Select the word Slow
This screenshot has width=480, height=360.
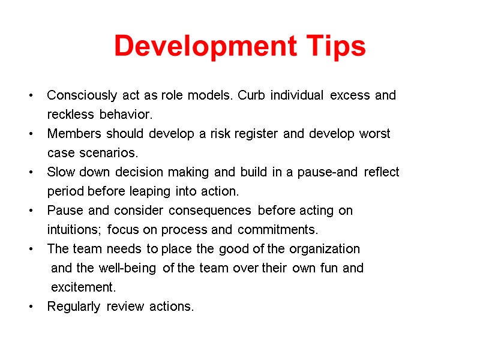click(59, 172)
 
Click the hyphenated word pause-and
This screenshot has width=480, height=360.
click(327, 172)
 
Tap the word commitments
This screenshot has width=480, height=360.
click(278, 230)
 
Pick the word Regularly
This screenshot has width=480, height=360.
click(74, 307)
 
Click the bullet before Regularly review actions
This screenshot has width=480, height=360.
click(31, 307)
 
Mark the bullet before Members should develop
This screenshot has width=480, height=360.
click(31, 133)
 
